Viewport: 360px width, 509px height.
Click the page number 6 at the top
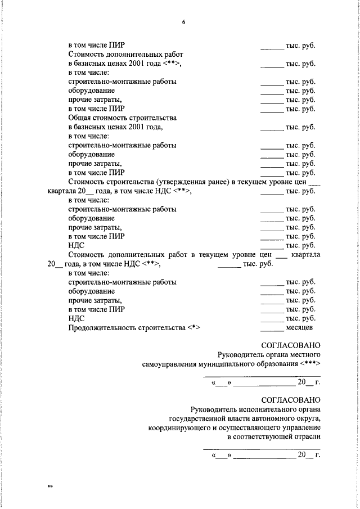click(x=183, y=22)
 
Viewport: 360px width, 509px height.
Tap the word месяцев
click(x=300, y=328)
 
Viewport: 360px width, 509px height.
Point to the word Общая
click(x=80, y=118)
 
